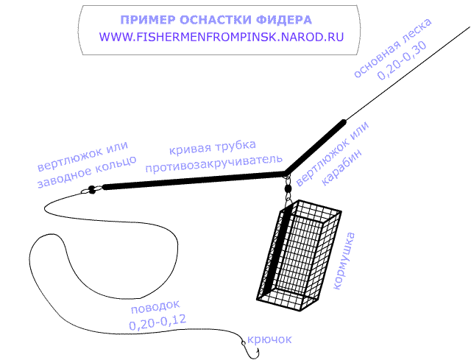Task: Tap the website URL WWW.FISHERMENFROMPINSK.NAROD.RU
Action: click(222, 37)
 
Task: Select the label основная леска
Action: click(392, 48)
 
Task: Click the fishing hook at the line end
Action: click(250, 350)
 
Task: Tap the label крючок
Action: click(269, 339)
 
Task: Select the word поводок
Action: click(155, 307)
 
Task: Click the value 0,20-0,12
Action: click(157, 322)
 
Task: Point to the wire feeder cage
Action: click(299, 255)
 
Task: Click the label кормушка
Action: click(344, 261)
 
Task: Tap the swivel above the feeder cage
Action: click(288, 188)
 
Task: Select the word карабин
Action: click(341, 166)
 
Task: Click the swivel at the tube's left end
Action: click(91, 190)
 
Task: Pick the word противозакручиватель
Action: click(213, 163)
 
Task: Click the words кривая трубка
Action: click(213, 147)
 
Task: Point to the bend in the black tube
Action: click(286, 173)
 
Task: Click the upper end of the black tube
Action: click(344, 121)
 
